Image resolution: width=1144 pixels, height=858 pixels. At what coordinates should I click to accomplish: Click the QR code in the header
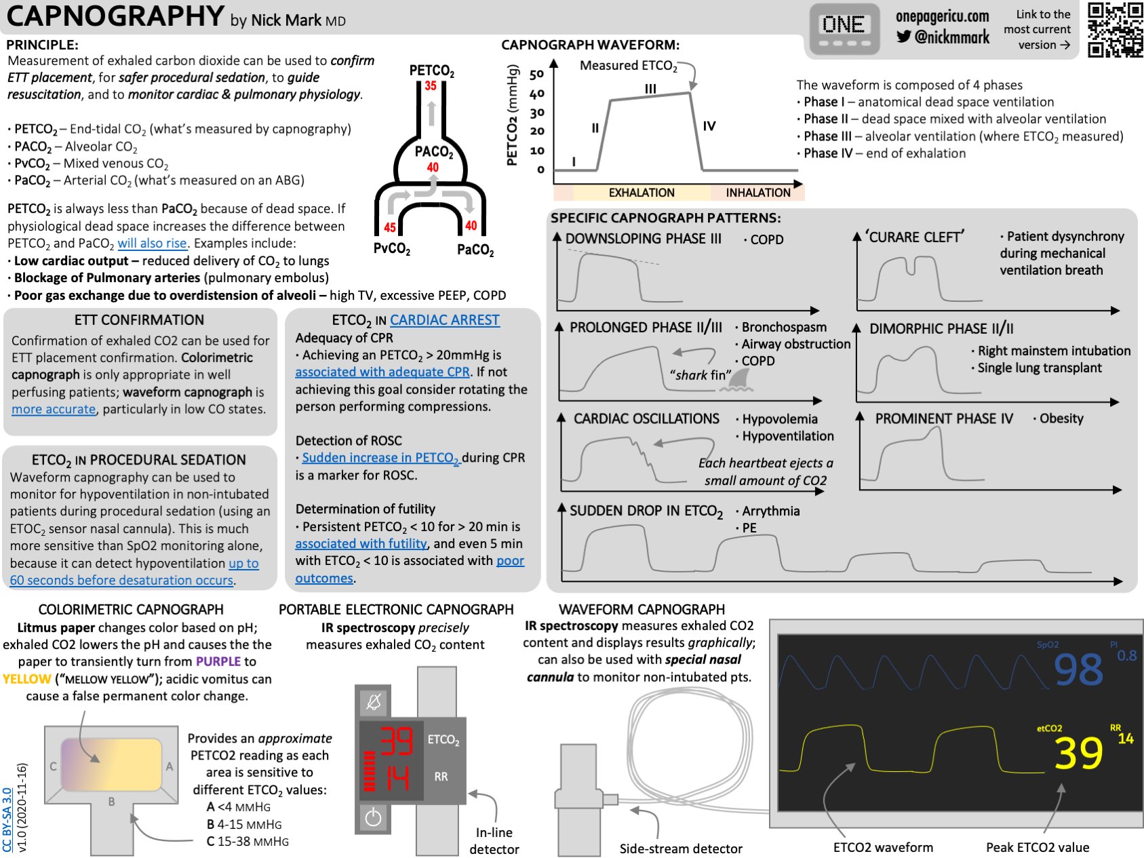(1115, 30)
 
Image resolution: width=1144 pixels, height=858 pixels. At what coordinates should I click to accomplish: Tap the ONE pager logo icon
(844, 31)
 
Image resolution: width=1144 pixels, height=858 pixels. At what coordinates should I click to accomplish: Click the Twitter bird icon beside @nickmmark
(903, 37)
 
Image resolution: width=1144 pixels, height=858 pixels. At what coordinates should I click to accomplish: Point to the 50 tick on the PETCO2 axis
(536, 75)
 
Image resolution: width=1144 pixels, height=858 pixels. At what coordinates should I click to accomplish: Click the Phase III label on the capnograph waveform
(650, 88)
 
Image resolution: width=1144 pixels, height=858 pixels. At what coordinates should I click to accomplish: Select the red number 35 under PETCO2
(431, 86)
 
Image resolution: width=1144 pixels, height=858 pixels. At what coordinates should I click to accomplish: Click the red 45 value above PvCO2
(390, 228)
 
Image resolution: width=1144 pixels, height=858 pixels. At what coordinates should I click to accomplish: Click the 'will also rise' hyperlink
(152, 243)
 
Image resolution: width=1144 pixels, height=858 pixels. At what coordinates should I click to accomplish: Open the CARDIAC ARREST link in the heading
(445, 320)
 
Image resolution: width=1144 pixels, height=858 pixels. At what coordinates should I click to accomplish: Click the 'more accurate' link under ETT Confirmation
(54, 409)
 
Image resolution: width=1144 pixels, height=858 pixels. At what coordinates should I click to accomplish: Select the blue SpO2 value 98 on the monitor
(1078, 670)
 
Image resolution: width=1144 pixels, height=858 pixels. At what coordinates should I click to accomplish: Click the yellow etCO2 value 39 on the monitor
(1079, 754)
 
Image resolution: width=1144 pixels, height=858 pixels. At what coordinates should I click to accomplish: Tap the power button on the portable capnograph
(373, 817)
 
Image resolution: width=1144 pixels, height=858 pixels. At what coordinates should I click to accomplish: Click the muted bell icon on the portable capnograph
(373, 702)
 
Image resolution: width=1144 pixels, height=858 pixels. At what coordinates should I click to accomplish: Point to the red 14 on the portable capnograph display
(397, 777)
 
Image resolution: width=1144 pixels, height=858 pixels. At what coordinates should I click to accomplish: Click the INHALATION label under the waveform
(758, 193)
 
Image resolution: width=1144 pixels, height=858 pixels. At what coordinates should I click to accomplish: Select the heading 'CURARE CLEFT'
(914, 237)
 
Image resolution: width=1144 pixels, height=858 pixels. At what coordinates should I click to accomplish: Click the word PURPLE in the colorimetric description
(218, 661)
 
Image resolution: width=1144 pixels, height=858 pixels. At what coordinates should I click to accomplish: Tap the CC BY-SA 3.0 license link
(7, 819)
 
